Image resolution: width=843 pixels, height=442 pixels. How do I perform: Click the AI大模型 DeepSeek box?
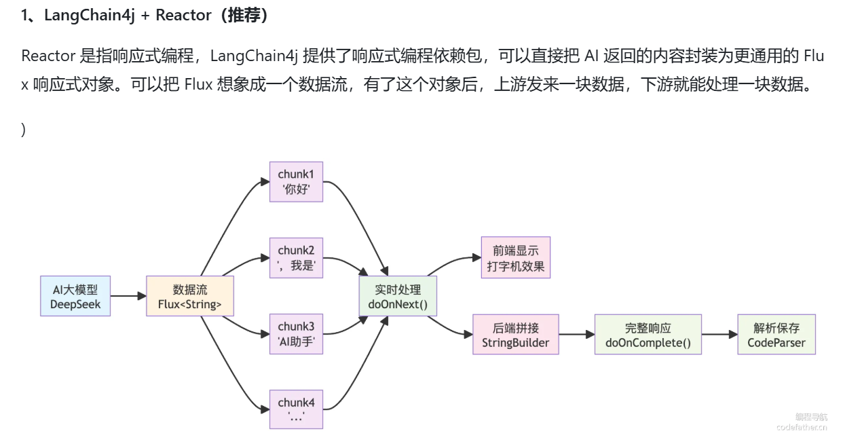click(75, 296)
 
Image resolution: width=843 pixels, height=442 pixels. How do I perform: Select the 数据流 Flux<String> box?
click(190, 296)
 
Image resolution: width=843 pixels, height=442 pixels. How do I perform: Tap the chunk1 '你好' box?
click(296, 181)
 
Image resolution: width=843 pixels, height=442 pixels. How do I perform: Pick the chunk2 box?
click(296, 258)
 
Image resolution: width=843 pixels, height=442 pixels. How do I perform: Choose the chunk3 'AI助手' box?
click(296, 334)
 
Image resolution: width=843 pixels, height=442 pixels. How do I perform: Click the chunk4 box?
click(296, 409)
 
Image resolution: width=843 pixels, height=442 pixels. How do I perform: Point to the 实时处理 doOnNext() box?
click(398, 296)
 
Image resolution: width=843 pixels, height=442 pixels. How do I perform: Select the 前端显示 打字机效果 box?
click(516, 258)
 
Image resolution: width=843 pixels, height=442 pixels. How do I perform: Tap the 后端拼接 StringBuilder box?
click(516, 334)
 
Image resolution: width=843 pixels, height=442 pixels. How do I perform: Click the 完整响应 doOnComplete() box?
click(648, 334)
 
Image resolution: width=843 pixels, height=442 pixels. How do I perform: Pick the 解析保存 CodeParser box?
click(776, 334)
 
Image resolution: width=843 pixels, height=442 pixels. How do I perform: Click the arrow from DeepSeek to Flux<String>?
click(128, 296)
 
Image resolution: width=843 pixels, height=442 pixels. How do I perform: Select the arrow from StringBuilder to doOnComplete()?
click(576, 334)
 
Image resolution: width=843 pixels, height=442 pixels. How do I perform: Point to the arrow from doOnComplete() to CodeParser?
click(719, 334)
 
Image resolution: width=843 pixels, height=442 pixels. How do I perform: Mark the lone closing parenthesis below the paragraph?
click(24, 130)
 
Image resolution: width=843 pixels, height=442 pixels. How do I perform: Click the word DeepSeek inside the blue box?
click(75, 304)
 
